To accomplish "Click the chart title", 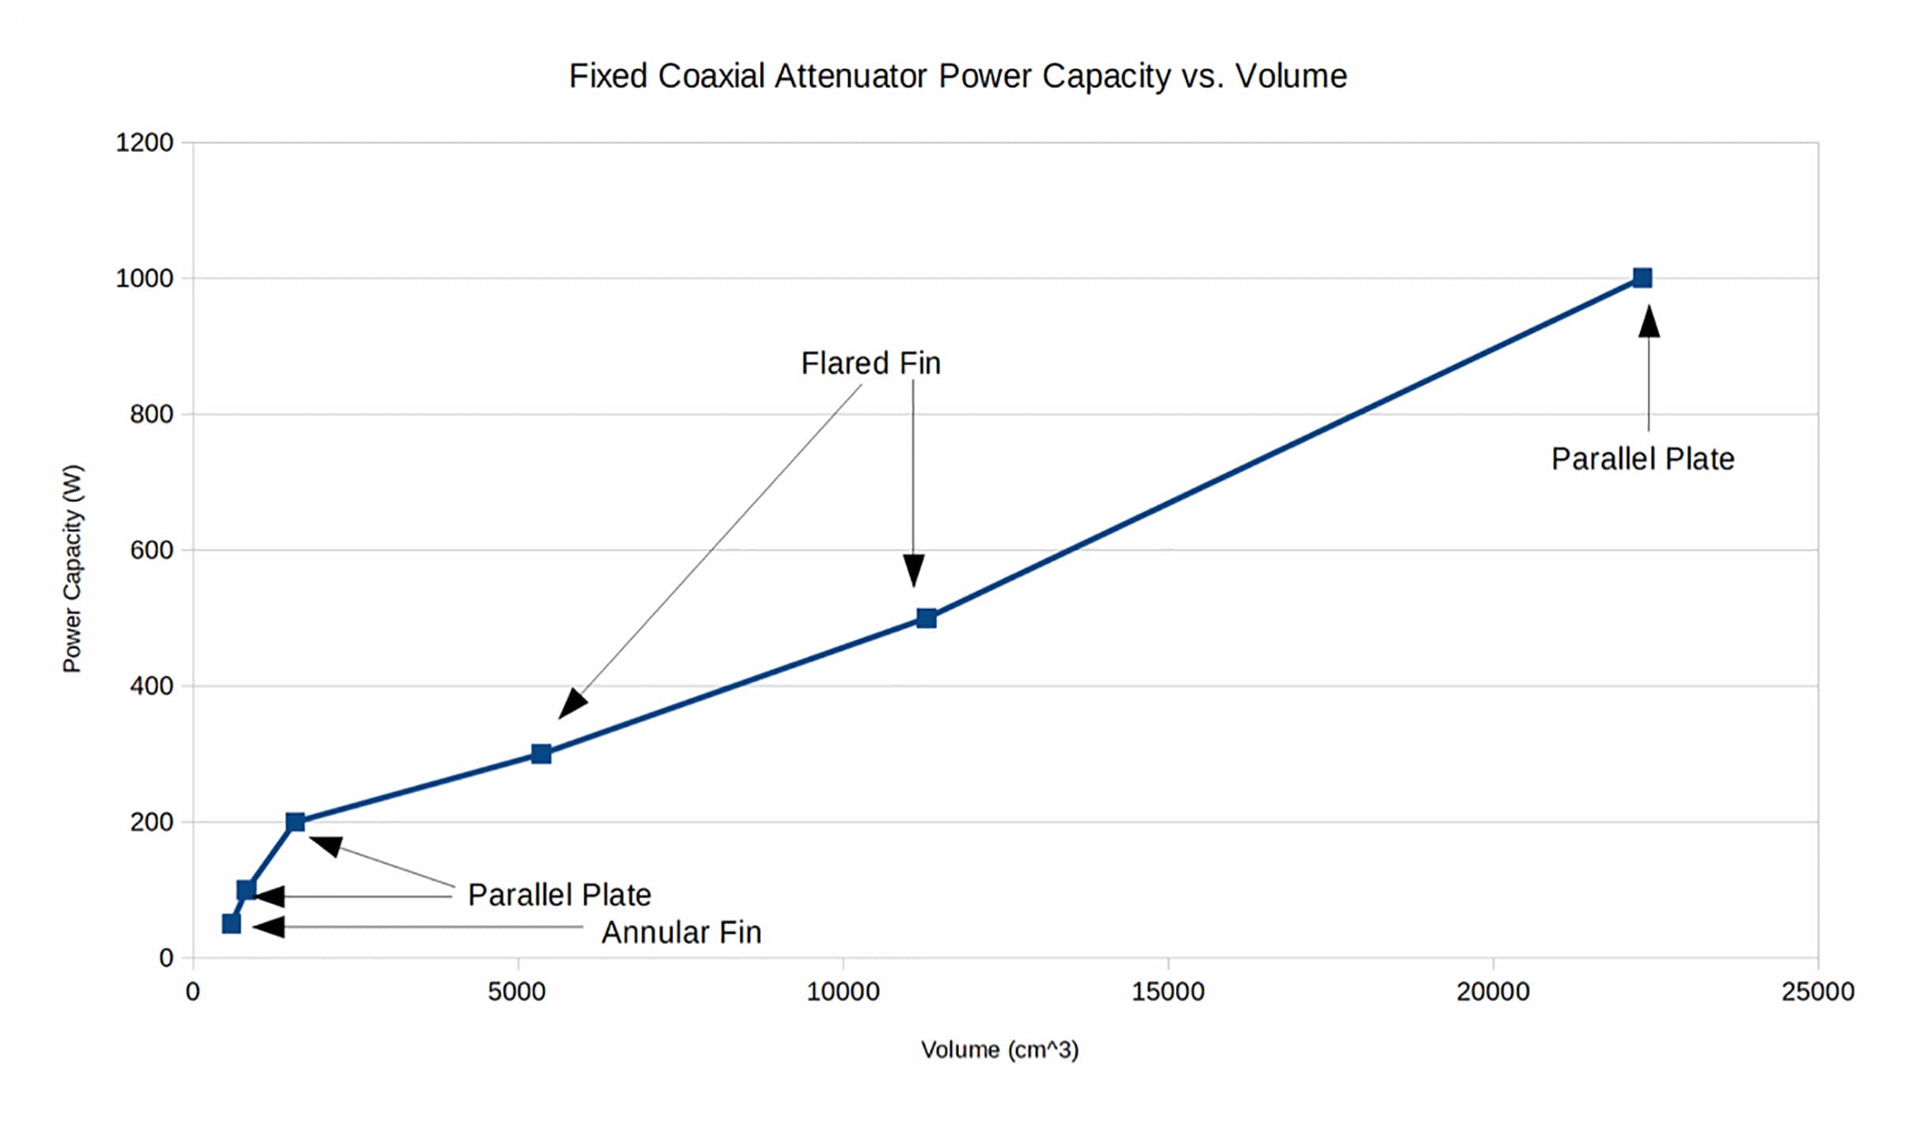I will tap(957, 77).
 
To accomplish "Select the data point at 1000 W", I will tap(1642, 278).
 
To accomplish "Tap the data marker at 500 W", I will tap(926, 618).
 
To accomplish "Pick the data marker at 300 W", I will tap(541, 754).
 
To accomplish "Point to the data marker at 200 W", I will tap(295, 822).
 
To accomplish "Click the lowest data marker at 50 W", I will tap(231, 924).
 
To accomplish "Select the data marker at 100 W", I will tap(246, 890).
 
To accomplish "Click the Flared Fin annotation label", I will tap(870, 363).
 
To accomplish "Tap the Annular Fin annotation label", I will tap(681, 933).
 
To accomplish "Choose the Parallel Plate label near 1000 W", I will tap(1642, 459).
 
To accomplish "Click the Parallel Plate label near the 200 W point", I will tap(559, 895).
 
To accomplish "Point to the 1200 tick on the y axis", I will tap(144, 143).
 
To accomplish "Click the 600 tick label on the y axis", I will tap(151, 550).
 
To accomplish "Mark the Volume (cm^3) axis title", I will tap(999, 1050).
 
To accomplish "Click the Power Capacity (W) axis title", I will tap(73, 569).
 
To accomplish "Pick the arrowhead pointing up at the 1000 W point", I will tap(1649, 321).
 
